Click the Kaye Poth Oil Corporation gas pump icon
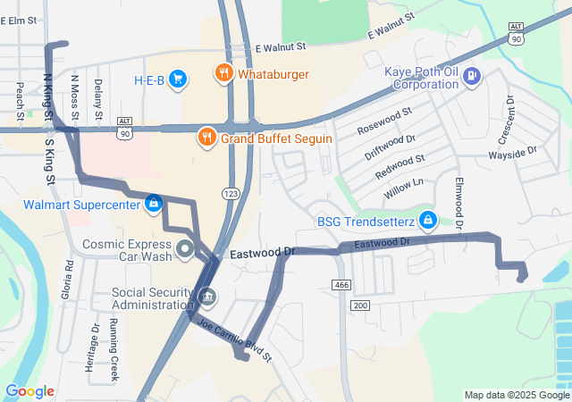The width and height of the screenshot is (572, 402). coord(471,78)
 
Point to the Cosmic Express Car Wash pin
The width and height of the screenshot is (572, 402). coord(185,247)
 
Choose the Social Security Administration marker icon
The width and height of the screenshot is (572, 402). coord(207,295)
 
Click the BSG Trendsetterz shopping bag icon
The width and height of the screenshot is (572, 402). coord(428,219)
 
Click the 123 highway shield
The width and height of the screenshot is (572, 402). coord(231,193)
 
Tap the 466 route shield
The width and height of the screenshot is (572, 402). coord(341,284)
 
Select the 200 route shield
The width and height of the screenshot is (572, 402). coord(359,306)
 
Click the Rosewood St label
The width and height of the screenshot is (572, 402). coord(384,122)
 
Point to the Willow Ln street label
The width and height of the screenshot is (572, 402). coord(403,188)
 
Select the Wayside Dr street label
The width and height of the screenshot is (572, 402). coord(511,152)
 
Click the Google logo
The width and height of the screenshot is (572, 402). coord(29,391)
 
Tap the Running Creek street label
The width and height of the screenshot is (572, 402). coord(114,350)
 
